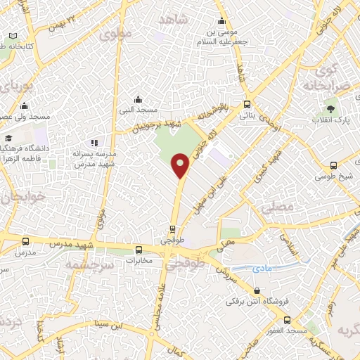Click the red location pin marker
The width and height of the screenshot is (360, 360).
(x=181, y=165)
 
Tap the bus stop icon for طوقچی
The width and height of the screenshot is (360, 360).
(x=172, y=229)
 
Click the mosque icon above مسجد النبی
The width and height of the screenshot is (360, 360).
(x=138, y=99)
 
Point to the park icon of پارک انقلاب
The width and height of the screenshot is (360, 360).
(x=330, y=109)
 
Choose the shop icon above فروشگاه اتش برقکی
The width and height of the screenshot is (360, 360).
(x=257, y=290)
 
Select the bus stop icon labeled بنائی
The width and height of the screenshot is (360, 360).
(x=246, y=104)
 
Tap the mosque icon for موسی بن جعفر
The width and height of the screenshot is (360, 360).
(x=222, y=22)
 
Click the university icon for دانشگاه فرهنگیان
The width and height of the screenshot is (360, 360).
(x=9, y=139)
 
